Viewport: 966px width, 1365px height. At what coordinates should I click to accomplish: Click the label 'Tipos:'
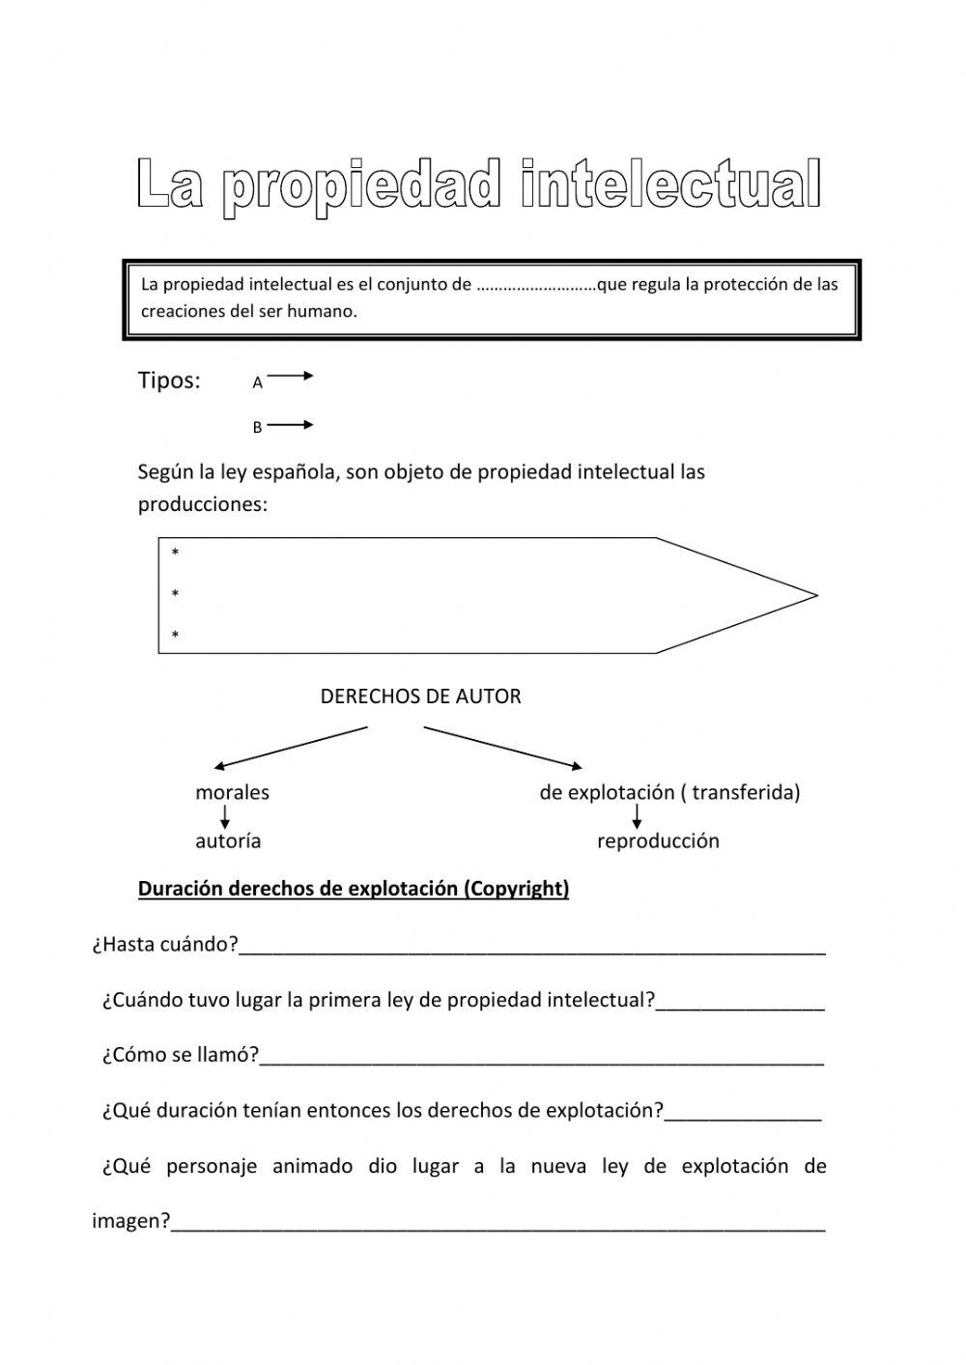pyautogui.click(x=169, y=381)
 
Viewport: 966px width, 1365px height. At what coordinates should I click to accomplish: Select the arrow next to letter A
pyautogui.click(x=290, y=377)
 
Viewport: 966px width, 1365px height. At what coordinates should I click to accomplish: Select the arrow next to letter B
pyautogui.click(x=290, y=424)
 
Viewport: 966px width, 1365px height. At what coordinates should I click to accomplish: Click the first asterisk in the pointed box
pyautogui.click(x=175, y=554)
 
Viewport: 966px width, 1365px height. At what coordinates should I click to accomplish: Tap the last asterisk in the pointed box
pyautogui.click(x=175, y=636)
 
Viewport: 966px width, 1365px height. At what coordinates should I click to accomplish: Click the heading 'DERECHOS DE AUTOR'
pyautogui.click(x=420, y=697)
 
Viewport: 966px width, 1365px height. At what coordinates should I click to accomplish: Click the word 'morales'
pyautogui.click(x=232, y=793)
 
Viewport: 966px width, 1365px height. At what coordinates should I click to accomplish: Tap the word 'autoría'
pyautogui.click(x=228, y=841)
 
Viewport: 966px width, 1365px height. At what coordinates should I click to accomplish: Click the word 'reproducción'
pyautogui.click(x=658, y=841)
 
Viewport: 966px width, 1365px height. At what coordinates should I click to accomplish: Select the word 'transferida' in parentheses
pyautogui.click(x=743, y=793)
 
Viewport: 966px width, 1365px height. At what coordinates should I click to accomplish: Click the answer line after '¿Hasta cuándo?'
pyautogui.click(x=531, y=951)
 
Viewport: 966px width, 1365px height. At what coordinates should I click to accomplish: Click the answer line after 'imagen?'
pyautogui.click(x=497, y=1228)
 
